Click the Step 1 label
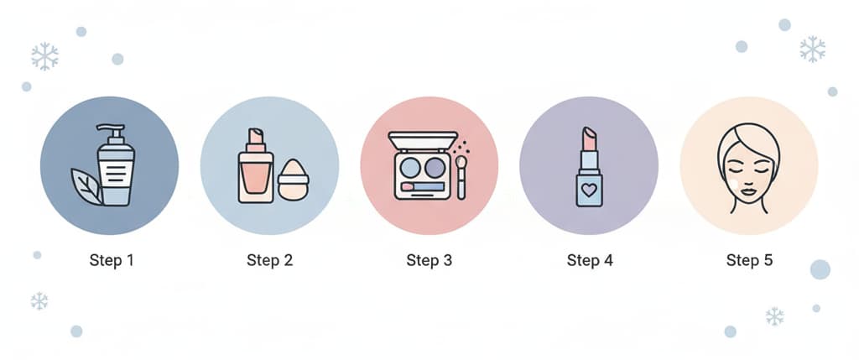[x=112, y=260]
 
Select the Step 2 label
[x=269, y=260]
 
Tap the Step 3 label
[x=429, y=260]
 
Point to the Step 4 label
[x=590, y=260]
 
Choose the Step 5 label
[x=749, y=260]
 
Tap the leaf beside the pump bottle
[x=86, y=186]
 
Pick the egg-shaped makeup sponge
[x=293, y=180]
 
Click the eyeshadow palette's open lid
[x=423, y=140]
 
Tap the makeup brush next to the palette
[x=461, y=176]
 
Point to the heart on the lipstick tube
[x=589, y=190]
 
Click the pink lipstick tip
[x=589, y=138]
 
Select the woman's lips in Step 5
[x=748, y=190]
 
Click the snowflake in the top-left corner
[x=45, y=56]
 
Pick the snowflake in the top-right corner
[x=812, y=49]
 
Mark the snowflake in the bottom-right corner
[x=774, y=316]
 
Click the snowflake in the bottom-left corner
[x=39, y=300]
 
